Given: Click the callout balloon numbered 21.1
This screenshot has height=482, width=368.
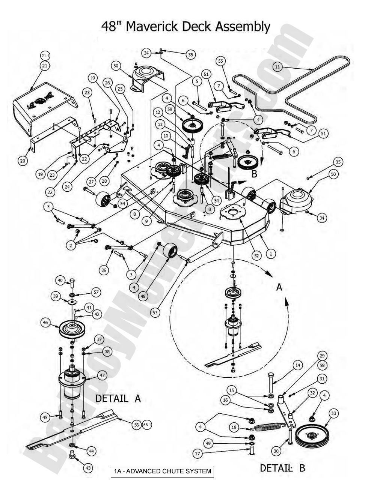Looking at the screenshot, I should point(45,56).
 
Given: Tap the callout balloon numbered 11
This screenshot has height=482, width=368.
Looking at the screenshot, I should point(278,67).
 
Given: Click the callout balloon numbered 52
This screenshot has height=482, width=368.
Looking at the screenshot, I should point(256,256).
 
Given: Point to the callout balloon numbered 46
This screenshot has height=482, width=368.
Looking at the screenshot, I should point(46,322).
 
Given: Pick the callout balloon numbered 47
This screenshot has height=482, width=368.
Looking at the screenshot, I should point(102,375).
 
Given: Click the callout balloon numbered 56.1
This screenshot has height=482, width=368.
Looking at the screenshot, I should point(147,425).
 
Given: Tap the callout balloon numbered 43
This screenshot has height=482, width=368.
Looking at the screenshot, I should point(88,468).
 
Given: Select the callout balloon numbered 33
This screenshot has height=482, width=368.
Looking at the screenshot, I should point(333,413).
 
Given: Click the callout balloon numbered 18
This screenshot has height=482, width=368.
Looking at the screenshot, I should point(234,427).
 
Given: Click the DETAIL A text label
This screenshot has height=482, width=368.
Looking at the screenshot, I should point(118,398).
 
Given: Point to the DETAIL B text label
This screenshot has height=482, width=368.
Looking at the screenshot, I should point(282,468).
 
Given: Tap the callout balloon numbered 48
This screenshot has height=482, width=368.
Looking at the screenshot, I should point(143,296).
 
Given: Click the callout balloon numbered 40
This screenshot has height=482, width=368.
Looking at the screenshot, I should point(60,280).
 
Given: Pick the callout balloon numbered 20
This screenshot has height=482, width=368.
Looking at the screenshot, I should point(23,161).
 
